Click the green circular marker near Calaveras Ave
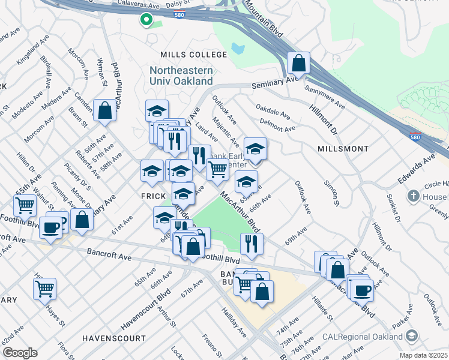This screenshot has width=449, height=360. (x=146, y=20)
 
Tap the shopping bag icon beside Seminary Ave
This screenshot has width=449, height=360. (x=298, y=62)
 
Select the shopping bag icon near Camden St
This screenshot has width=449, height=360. (x=104, y=110)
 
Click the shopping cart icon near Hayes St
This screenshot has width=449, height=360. (x=44, y=289)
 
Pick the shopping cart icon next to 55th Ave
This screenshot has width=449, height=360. (x=25, y=205)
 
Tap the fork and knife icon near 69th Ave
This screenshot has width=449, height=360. (x=251, y=243)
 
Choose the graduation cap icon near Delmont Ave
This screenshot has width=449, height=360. (x=255, y=148)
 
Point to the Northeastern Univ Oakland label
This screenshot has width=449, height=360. (x=181, y=76)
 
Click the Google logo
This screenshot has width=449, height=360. (x=20, y=352)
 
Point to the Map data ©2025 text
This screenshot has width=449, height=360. (x=423, y=355)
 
